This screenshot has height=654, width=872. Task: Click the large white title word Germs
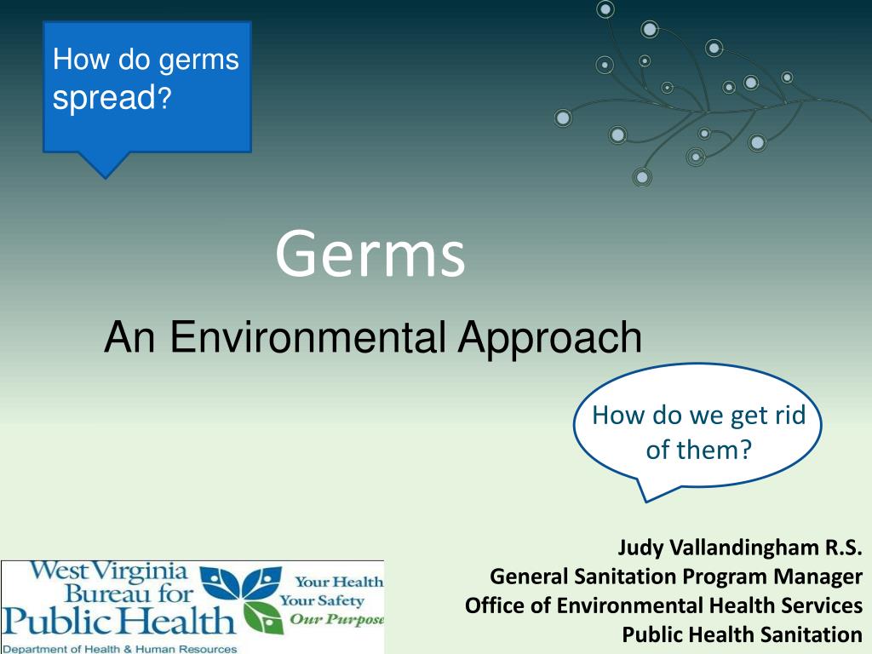(x=370, y=254)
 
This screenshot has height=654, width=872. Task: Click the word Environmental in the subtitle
(x=307, y=337)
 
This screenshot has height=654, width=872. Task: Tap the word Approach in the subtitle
(x=549, y=337)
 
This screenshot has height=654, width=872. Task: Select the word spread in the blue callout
(x=102, y=99)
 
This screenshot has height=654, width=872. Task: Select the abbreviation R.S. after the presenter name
(x=841, y=548)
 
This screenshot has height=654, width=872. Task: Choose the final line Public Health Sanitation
(x=742, y=634)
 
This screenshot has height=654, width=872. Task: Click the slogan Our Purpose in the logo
(x=336, y=619)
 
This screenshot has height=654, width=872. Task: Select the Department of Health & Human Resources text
(x=119, y=648)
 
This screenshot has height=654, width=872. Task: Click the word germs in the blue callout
(x=199, y=60)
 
